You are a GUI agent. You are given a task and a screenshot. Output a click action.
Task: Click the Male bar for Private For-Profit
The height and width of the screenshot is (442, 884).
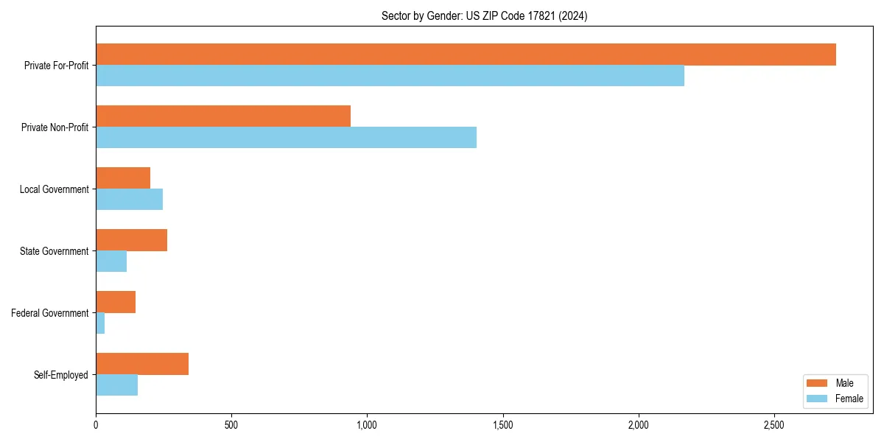click(x=466, y=55)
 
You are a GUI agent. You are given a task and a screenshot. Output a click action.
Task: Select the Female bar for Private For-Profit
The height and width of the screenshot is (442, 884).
click(x=390, y=76)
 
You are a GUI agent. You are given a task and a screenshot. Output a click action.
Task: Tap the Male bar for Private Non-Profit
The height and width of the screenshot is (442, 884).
click(x=223, y=116)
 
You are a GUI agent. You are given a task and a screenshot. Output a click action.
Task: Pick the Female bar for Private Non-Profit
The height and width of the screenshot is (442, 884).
click(x=286, y=138)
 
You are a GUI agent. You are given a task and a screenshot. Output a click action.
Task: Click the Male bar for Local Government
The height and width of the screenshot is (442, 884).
click(x=123, y=178)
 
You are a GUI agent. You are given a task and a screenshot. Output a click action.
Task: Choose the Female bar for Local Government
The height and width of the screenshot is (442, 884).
click(x=129, y=200)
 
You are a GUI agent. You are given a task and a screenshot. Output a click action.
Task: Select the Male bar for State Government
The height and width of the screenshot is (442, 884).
click(x=131, y=240)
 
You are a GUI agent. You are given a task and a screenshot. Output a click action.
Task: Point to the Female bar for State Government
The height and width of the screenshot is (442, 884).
click(x=111, y=262)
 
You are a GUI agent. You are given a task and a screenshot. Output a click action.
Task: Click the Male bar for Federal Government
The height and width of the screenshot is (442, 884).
click(x=116, y=302)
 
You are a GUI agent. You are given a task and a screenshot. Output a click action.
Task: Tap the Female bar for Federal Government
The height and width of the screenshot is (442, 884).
click(x=100, y=323)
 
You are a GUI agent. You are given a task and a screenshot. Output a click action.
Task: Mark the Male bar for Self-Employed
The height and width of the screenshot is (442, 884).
click(x=142, y=364)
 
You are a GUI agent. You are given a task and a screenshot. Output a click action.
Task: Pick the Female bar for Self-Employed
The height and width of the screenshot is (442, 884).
click(x=116, y=385)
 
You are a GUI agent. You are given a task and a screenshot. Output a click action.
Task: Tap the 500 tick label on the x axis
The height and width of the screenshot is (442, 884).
click(x=231, y=426)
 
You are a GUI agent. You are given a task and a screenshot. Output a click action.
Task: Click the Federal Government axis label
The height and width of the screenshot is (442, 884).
click(x=50, y=313)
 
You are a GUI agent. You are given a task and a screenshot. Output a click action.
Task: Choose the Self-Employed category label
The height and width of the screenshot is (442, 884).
click(x=61, y=375)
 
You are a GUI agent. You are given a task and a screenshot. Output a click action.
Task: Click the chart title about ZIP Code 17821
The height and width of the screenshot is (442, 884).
click(x=484, y=15)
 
